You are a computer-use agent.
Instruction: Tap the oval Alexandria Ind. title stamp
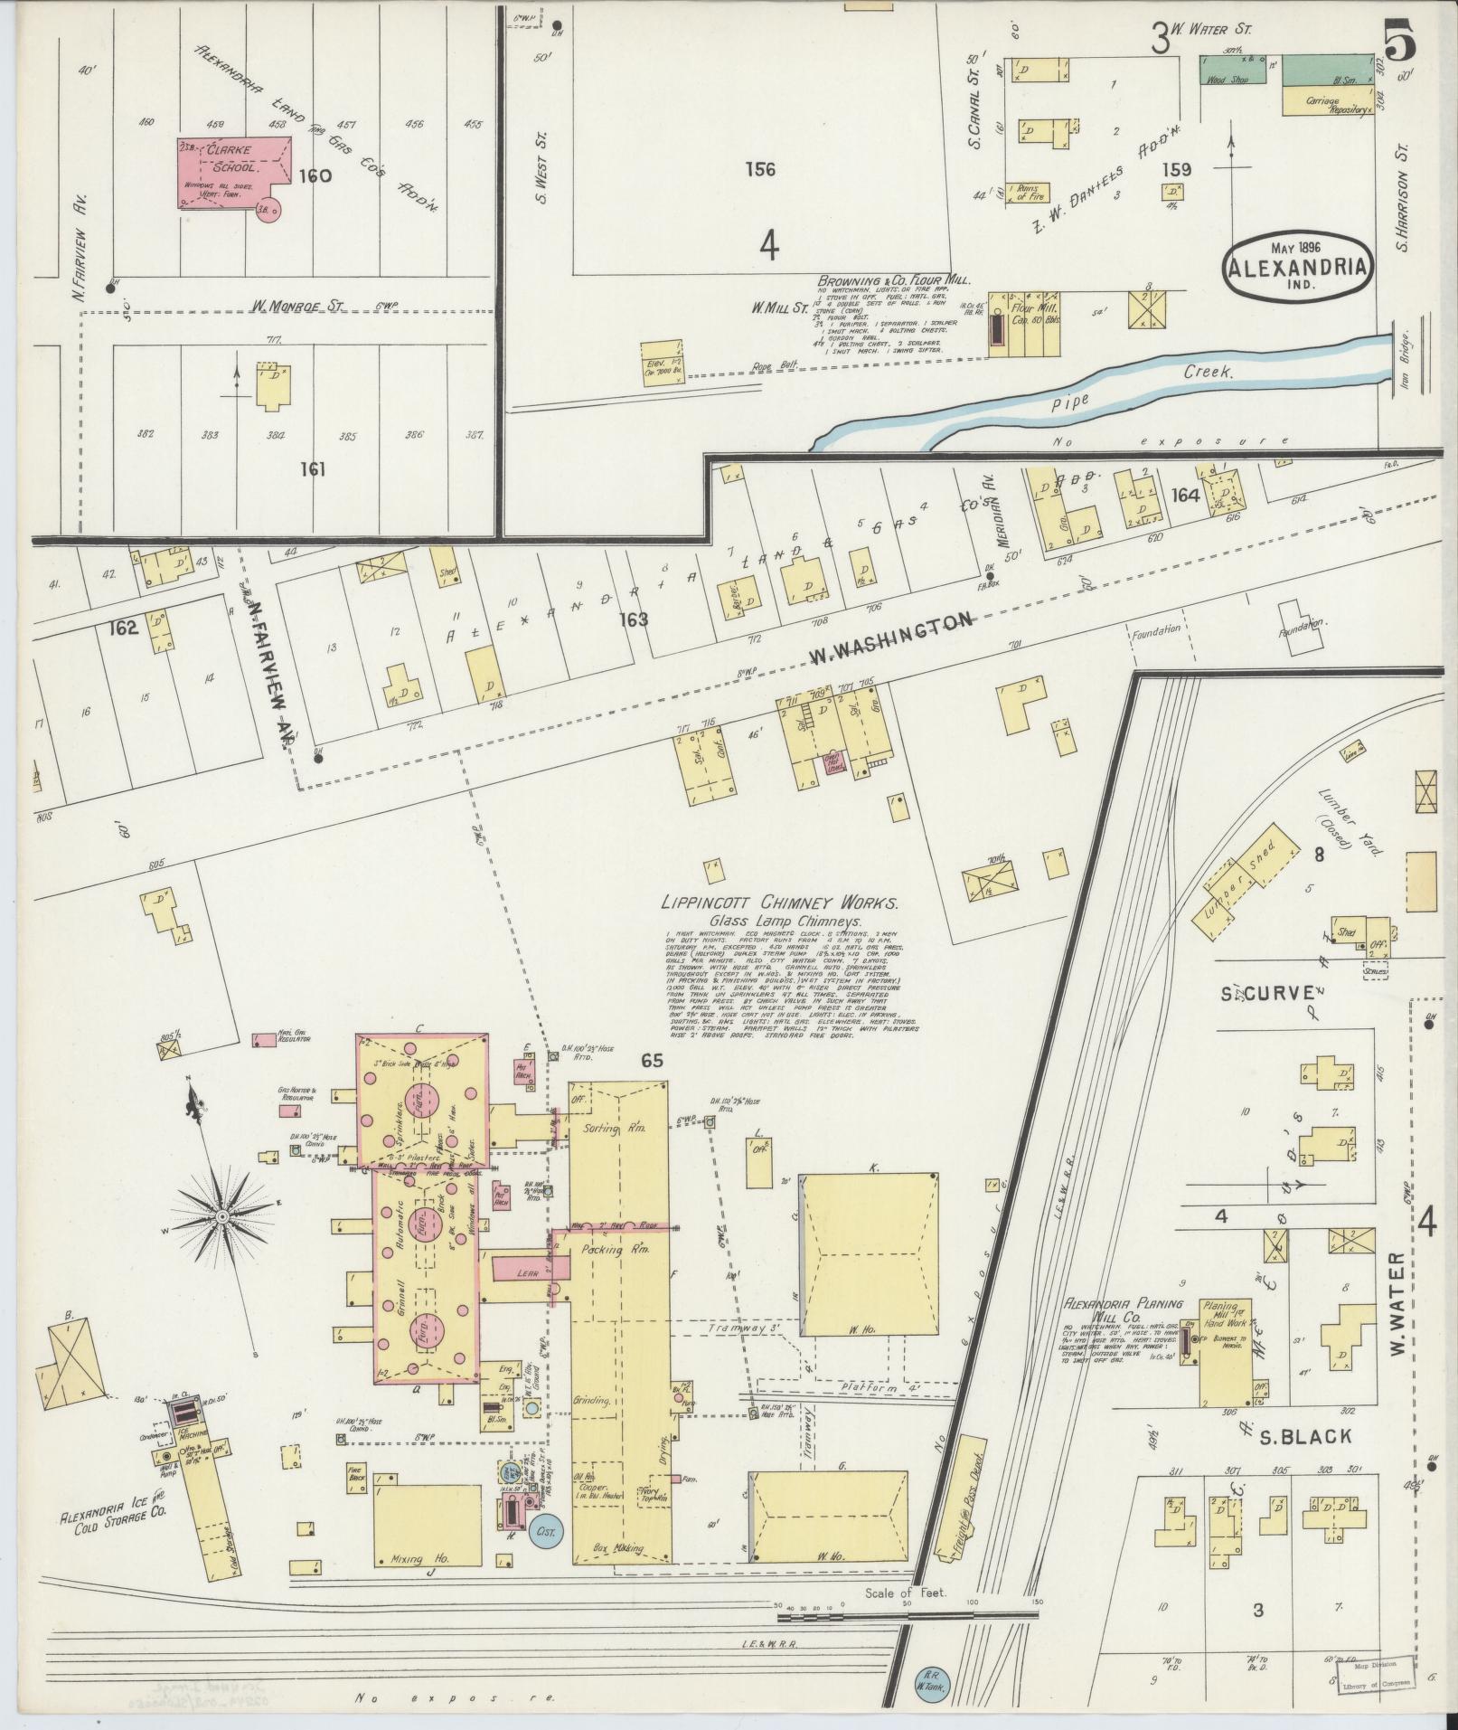click(1294, 266)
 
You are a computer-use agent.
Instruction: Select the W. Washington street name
click(890, 638)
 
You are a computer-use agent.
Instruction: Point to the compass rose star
click(221, 1217)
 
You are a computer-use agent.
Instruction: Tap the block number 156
click(760, 168)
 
